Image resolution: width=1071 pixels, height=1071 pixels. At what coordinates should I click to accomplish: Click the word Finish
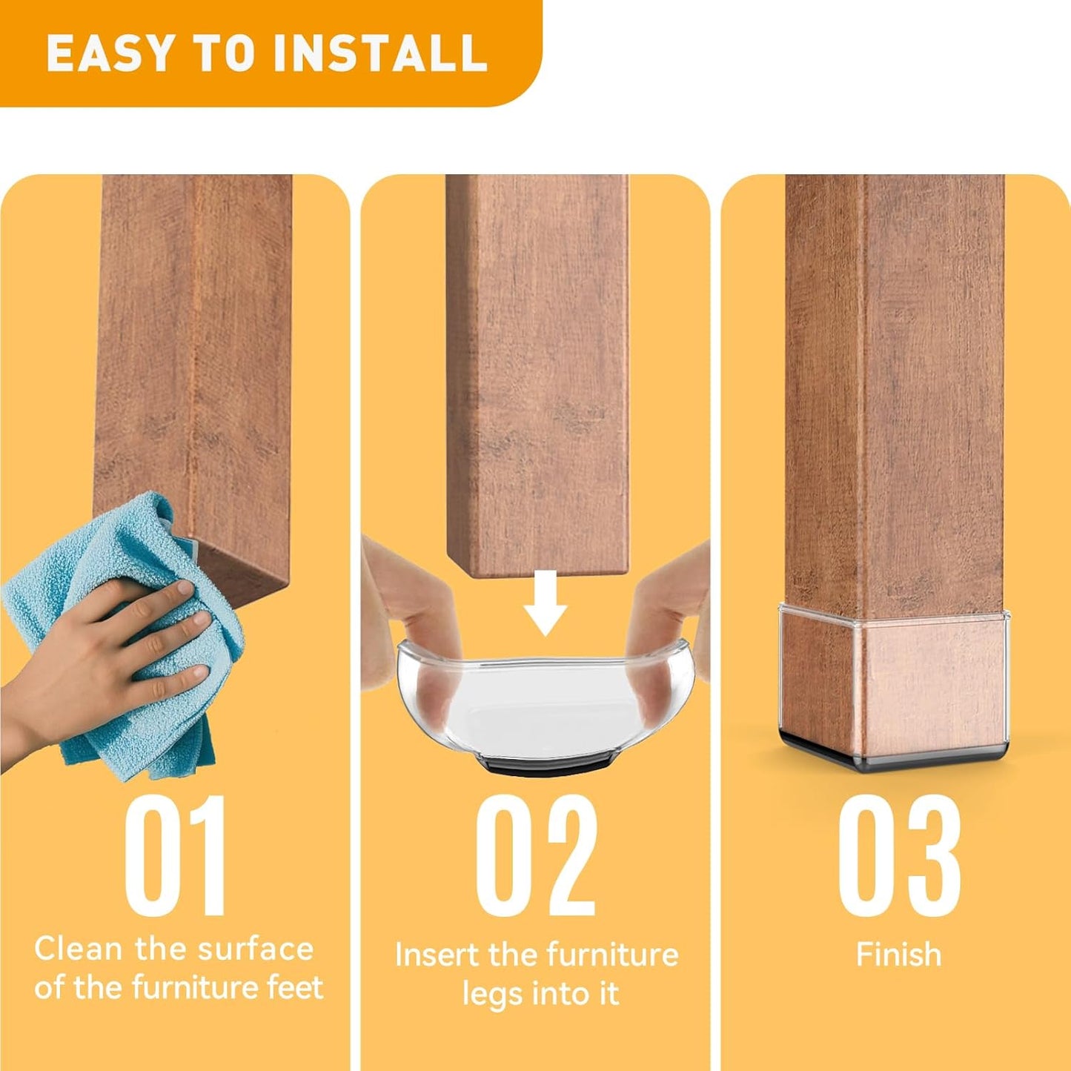click(898, 955)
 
